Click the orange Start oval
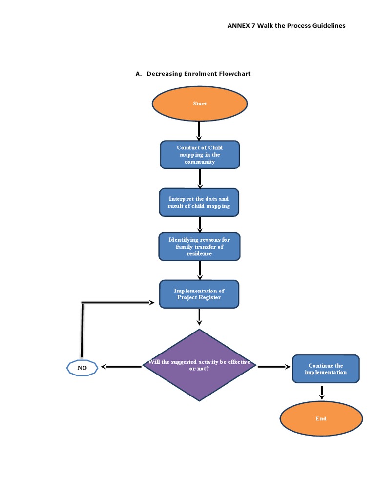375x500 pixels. [200, 104]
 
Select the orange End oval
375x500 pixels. [321, 418]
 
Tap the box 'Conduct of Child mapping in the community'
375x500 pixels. [200, 155]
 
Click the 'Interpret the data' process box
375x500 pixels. [199, 203]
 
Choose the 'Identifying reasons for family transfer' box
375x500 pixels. [199, 247]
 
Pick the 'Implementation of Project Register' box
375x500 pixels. [199, 294]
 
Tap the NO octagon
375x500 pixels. [82, 368]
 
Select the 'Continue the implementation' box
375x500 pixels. [325, 369]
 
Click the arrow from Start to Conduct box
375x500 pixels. [199, 131]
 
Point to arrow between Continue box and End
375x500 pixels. [321, 393]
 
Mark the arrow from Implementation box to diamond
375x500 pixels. [199, 317]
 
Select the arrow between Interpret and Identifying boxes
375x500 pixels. [200, 225]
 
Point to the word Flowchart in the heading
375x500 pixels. [234, 74]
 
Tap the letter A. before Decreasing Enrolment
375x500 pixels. [138, 74]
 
